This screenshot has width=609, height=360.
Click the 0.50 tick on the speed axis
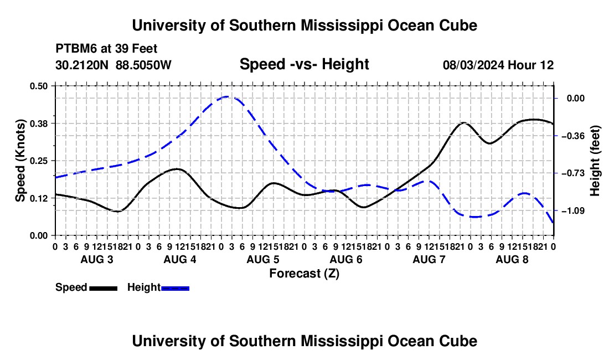[x=38, y=86]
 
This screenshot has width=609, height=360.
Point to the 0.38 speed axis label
[x=38, y=124]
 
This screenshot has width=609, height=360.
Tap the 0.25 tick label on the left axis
[x=38, y=161]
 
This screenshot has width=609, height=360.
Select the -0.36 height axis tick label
[x=573, y=136]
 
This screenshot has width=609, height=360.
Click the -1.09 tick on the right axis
[x=573, y=211]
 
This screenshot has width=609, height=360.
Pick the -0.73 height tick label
[x=573, y=173]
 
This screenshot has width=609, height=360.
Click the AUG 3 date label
[x=97, y=259]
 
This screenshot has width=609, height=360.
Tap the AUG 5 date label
[x=263, y=259]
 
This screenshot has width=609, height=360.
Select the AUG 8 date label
[x=512, y=259]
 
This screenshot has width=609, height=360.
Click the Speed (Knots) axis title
[x=20, y=161]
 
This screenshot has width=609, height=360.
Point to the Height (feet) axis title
[x=595, y=161]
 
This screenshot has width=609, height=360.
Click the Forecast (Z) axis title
[x=304, y=274]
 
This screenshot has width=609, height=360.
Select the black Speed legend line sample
[x=104, y=288]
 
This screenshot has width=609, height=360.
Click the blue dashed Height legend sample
[x=175, y=288]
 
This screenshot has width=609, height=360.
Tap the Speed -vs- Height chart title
[x=304, y=64]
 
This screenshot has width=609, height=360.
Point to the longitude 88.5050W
[x=143, y=65]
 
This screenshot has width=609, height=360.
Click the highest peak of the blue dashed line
[x=227, y=96]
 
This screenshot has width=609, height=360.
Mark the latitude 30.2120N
[x=82, y=65]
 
